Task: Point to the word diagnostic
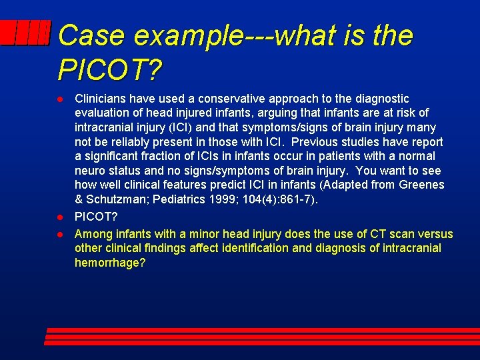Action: coord(383,99)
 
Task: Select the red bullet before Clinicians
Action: coord(61,99)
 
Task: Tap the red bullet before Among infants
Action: coord(61,234)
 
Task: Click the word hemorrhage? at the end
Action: coord(110,263)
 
